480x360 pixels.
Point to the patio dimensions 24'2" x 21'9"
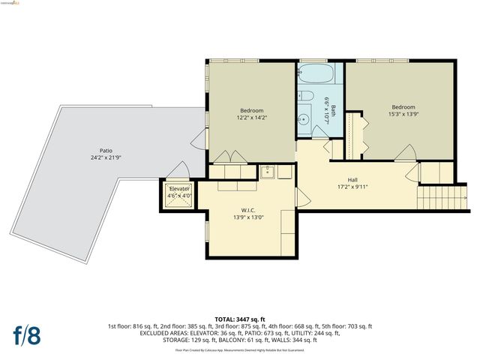click(96, 157)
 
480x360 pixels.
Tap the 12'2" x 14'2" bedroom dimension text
click(252, 117)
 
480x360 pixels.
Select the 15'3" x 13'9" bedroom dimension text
click(403, 113)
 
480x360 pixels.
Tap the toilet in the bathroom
click(304, 96)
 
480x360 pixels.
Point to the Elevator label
click(179, 188)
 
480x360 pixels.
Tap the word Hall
click(352, 180)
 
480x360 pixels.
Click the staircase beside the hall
click(434, 199)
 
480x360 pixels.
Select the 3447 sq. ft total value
click(253, 319)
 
